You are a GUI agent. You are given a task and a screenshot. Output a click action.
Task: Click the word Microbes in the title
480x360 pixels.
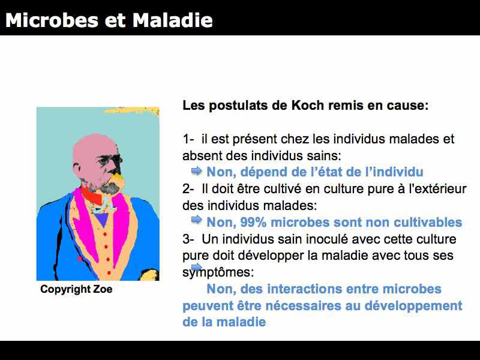(x=52, y=20)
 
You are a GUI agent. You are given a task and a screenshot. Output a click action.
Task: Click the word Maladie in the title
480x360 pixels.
(x=173, y=20)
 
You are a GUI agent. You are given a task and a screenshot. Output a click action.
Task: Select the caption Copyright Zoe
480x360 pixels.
(x=76, y=289)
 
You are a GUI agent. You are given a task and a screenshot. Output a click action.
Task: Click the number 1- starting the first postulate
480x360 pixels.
(x=188, y=139)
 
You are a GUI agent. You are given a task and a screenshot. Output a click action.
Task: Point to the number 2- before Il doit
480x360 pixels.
(x=188, y=189)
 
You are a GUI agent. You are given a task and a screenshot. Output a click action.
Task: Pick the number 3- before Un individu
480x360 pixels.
(x=188, y=239)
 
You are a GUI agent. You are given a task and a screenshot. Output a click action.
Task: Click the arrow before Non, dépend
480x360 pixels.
(x=197, y=170)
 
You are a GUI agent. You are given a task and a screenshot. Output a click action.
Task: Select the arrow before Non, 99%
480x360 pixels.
(x=197, y=220)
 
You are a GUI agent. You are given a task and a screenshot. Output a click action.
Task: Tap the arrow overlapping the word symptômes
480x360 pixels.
(x=197, y=267)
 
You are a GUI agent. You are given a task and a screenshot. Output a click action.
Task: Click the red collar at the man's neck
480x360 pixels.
(x=91, y=196)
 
